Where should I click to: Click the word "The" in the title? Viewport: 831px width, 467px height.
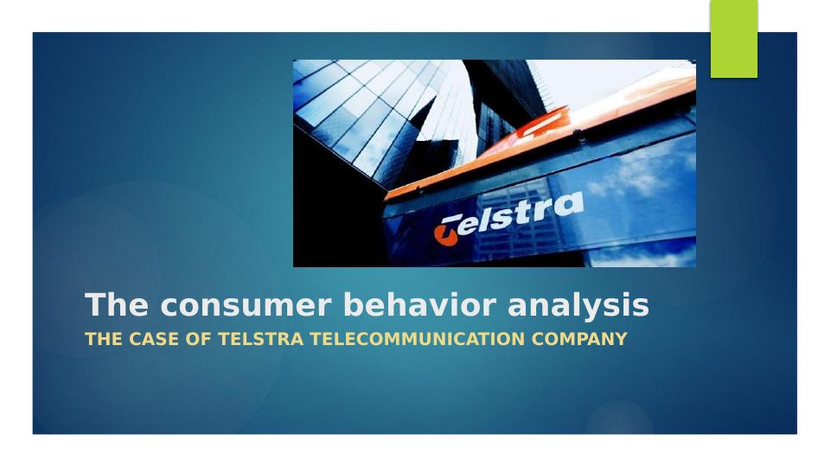coord(117,304)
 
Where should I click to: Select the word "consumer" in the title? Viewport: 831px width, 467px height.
coord(246,306)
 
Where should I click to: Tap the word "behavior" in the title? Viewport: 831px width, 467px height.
coord(419,304)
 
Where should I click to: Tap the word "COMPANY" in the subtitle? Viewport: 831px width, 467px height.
coord(579,339)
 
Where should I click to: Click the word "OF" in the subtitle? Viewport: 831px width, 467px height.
coord(198,339)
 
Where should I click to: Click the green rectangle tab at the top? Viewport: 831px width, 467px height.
coord(734,39)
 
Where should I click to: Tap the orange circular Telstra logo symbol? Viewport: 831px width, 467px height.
coord(445,233)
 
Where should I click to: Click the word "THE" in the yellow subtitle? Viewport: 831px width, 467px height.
coord(104,339)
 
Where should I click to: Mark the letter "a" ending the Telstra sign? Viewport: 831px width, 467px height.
coord(572,205)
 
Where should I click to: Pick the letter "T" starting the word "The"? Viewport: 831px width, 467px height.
coord(94,304)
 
